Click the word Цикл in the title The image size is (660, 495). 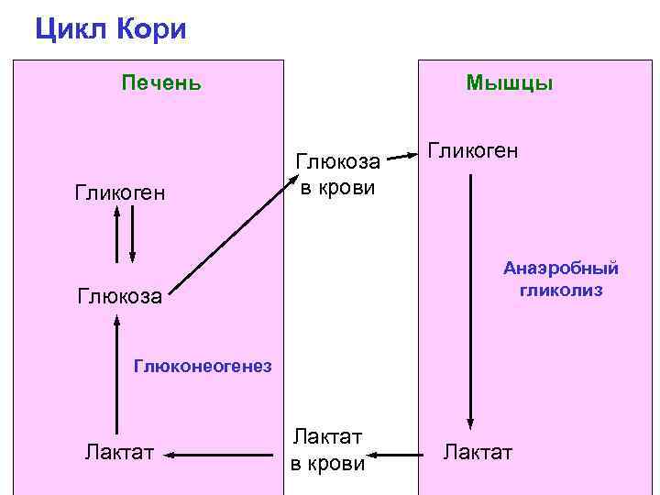(x=72, y=29)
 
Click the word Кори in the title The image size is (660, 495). (x=152, y=29)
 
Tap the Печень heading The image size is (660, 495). (x=161, y=83)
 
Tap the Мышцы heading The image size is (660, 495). (x=509, y=83)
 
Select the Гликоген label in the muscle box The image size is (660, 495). (x=473, y=149)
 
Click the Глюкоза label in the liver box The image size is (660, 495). (x=119, y=296)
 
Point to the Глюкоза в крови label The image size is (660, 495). (x=337, y=174)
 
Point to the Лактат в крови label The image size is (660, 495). (x=327, y=450)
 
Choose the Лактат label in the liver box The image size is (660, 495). (x=119, y=451)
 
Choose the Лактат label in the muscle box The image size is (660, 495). (x=478, y=451)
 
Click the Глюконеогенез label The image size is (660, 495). (x=203, y=367)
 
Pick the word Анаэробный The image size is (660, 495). (x=560, y=269)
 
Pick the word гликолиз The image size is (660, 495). (x=560, y=291)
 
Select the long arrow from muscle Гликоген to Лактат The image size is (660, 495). (x=471, y=302)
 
